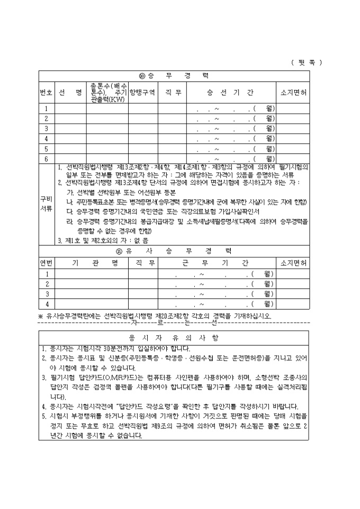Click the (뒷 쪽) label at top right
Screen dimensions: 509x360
pyautogui.click(x=307, y=62)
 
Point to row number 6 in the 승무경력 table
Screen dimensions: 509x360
pyautogui.click(x=46, y=158)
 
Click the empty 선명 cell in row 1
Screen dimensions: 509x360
pyautogui.click(x=70, y=108)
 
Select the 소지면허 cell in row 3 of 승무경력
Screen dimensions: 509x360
pyautogui.click(x=293, y=129)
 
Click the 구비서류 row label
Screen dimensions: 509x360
pyautogui.click(x=46, y=204)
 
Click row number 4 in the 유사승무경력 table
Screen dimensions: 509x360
pyautogui.click(x=47, y=304)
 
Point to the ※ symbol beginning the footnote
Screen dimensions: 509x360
pyautogui.click(x=41, y=316)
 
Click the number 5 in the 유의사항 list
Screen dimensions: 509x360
pyautogui.click(x=44, y=416)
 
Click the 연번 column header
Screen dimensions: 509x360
pyautogui.click(x=47, y=262)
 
